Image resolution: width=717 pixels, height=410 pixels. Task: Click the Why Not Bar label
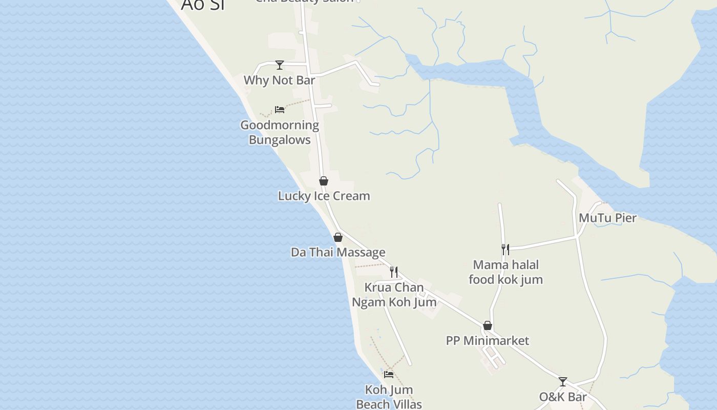click(x=279, y=80)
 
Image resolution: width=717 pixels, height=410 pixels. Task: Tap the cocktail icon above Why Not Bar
click(x=280, y=65)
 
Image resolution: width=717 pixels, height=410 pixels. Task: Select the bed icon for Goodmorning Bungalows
click(x=280, y=110)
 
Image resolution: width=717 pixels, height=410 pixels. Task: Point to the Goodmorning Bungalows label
click(x=280, y=132)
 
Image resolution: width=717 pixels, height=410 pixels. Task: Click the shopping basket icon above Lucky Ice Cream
click(x=324, y=181)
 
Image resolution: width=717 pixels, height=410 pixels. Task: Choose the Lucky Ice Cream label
click(x=324, y=196)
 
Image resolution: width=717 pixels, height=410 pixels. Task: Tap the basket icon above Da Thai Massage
click(x=338, y=237)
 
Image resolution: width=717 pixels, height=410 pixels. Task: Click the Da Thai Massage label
click(x=338, y=252)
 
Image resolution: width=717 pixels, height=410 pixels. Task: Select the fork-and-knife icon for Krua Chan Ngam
click(x=394, y=272)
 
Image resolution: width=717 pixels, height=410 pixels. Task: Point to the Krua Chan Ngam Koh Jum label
click(x=394, y=295)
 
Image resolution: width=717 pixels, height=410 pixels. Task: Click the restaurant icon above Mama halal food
click(x=505, y=250)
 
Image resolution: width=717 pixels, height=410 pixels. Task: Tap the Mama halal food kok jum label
click(x=505, y=272)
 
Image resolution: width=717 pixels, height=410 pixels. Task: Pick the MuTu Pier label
click(x=607, y=218)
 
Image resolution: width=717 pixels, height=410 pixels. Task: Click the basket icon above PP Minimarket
click(x=488, y=326)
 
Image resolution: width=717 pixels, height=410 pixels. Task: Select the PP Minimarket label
click(x=488, y=340)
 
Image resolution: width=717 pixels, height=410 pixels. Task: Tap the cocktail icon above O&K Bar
click(x=563, y=382)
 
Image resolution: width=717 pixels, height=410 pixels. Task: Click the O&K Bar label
click(x=563, y=397)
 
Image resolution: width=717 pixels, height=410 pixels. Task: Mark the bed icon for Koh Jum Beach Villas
click(x=389, y=375)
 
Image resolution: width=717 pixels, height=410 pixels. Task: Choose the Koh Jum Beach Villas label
click(x=389, y=397)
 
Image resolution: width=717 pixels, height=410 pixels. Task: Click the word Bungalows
click(x=280, y=140)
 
